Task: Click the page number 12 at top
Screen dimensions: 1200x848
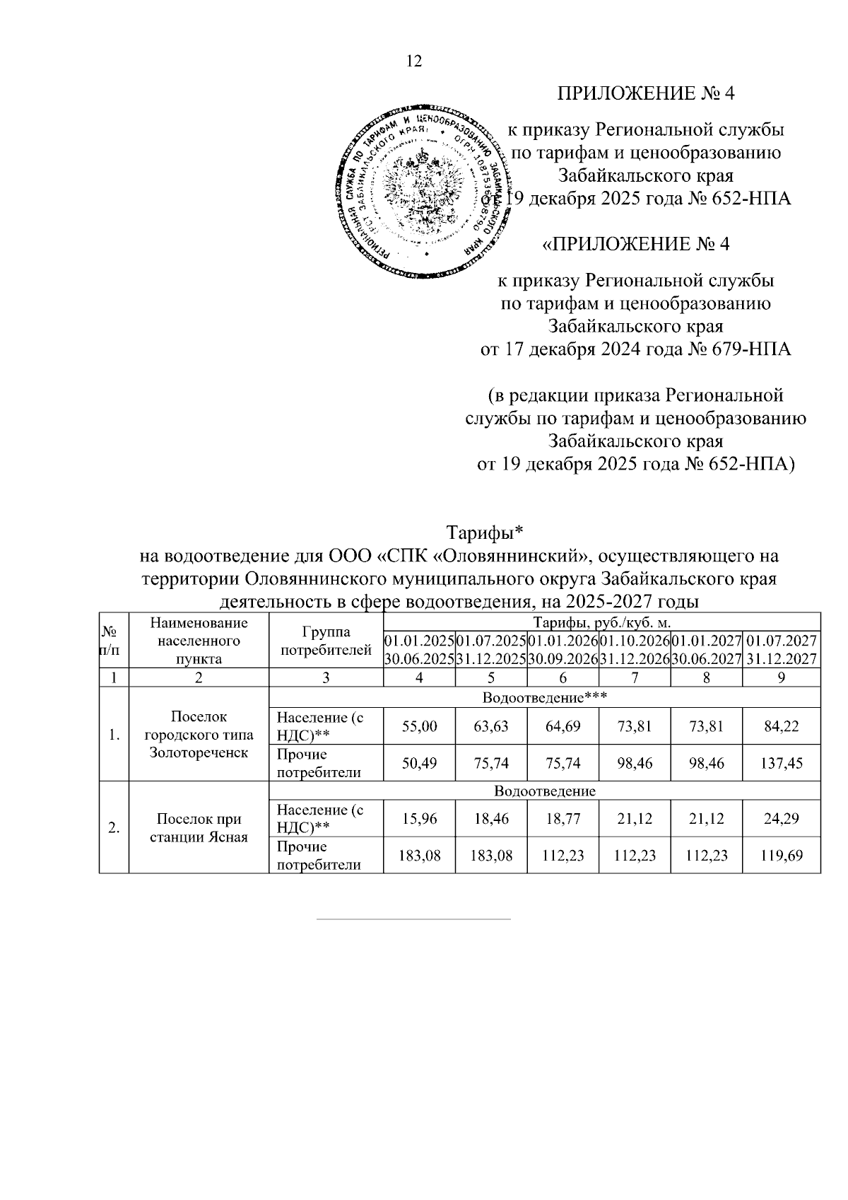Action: point(414,62)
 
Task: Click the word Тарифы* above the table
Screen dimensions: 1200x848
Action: point(484,531)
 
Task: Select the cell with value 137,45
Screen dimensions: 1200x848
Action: point(784,764)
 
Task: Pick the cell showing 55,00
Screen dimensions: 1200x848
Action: point(420,726)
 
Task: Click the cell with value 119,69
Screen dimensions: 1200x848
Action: point(784,856)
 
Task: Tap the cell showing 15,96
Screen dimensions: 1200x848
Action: point(420,819)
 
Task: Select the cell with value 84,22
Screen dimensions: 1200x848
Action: point(784,726)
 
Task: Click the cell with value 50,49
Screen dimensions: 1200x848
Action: point(420,764)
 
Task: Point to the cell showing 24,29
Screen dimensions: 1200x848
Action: point(784,819)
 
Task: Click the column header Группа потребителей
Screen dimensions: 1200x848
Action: point(326,641)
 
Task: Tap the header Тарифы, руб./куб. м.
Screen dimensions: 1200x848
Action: point(601,622)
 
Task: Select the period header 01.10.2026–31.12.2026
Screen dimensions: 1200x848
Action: point(634,650)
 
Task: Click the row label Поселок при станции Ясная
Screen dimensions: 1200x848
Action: point(199,828)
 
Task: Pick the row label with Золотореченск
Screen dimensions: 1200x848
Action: point(199,735)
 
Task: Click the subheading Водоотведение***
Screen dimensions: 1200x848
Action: point(545,698)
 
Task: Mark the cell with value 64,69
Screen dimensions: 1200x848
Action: point(563,726)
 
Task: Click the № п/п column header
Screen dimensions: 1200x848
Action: point(113,641)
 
